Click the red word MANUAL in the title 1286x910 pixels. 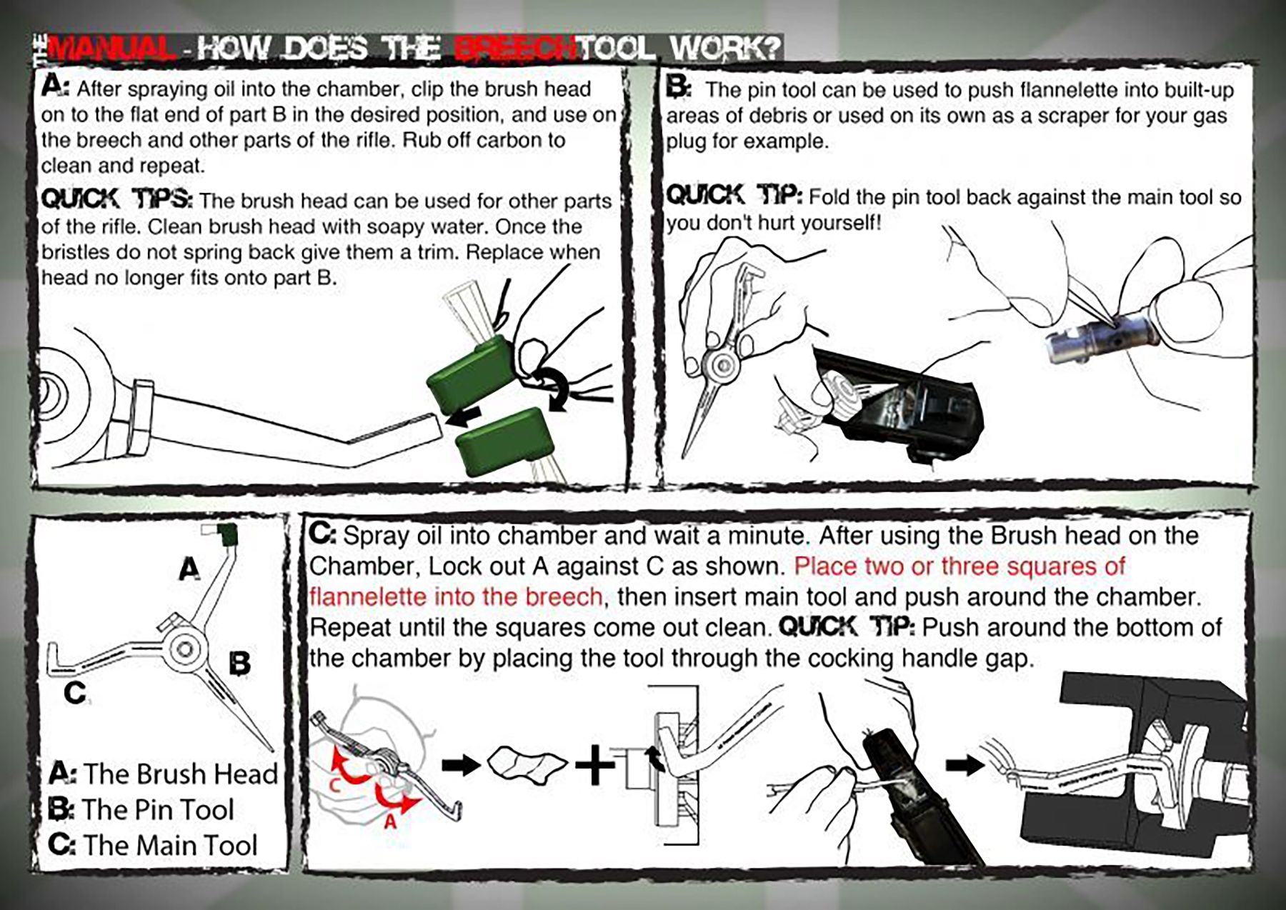point(111,49)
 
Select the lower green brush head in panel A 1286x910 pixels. point(506,441)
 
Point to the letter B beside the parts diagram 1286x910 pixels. point(240,664)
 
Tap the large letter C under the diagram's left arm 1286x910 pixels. point(75,692)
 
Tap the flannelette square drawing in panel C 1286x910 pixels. point(527,765)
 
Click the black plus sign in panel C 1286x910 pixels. point(594,765)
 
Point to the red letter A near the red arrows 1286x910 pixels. point(390,822)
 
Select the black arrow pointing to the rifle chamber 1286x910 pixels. point(964,766)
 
